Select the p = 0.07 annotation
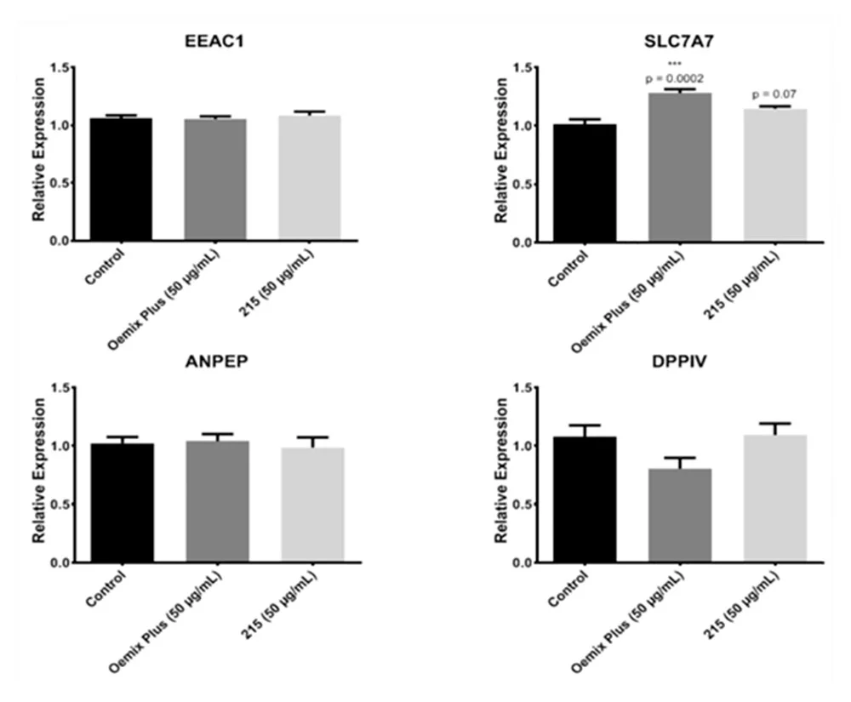[774, 94]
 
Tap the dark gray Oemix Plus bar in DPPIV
[679, 516]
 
